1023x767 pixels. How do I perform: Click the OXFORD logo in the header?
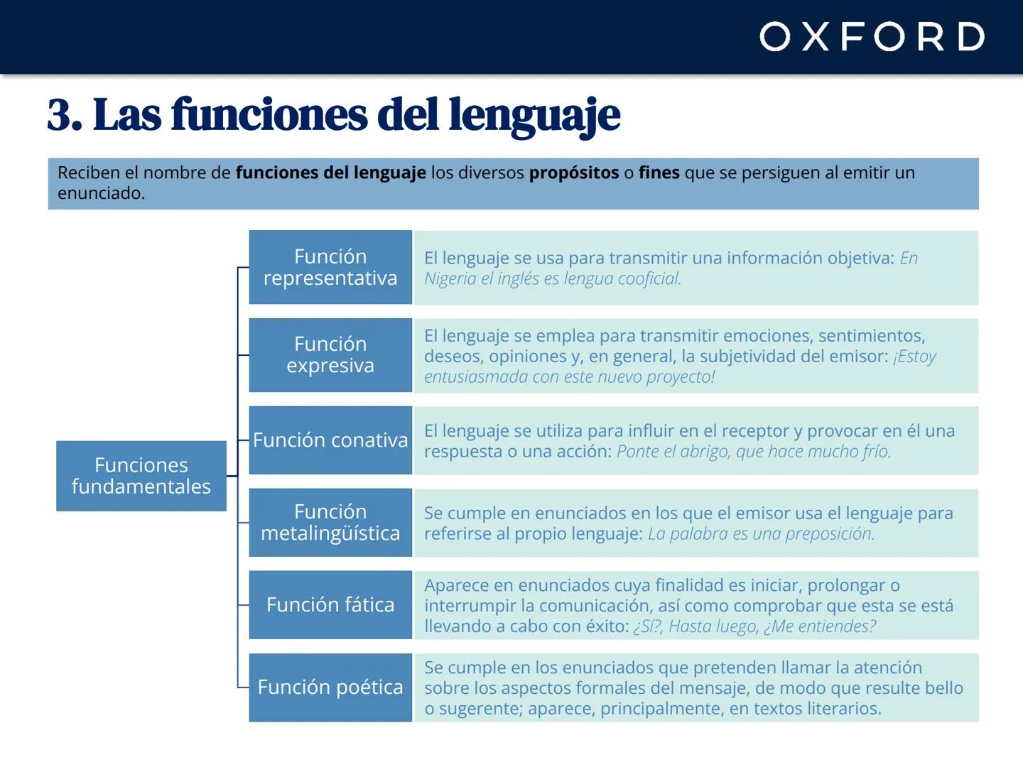point(872,37)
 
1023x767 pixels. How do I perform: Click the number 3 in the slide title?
point(60,115)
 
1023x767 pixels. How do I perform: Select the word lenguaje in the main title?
point(534,115)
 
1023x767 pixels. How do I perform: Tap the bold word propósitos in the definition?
point(573,173)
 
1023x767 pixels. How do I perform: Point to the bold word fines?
point(659,173)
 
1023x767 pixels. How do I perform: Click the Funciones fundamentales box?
point(141,476)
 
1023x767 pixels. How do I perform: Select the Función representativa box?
point(330,267)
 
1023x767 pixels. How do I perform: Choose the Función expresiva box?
point(330,354)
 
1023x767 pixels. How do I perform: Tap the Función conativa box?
point(330,440)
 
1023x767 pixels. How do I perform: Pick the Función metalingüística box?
point(330,522)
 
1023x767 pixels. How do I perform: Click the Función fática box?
point(330,604)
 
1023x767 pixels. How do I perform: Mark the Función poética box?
point(330,687)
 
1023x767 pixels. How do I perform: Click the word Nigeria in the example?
point(450,278)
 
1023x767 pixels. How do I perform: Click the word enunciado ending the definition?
point(100,193)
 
